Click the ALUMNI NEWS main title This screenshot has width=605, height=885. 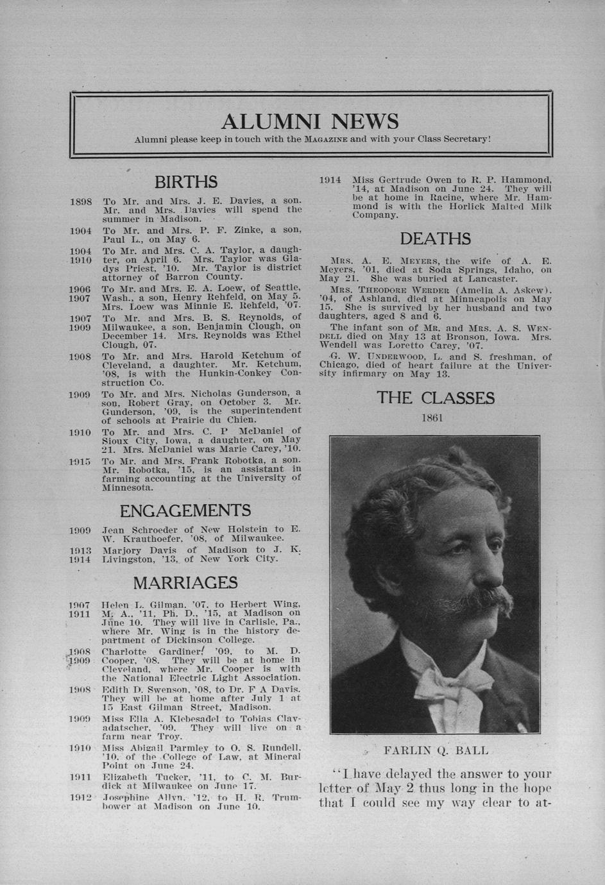309,121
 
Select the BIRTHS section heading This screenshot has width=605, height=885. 186,182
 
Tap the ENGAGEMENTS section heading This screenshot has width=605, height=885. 185,510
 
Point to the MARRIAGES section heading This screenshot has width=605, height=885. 185,583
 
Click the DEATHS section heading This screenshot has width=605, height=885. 436,239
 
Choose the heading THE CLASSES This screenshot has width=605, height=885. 436,398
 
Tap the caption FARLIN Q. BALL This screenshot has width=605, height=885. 436,750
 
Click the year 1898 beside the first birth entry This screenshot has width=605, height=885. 81,201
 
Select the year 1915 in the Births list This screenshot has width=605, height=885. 81,461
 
